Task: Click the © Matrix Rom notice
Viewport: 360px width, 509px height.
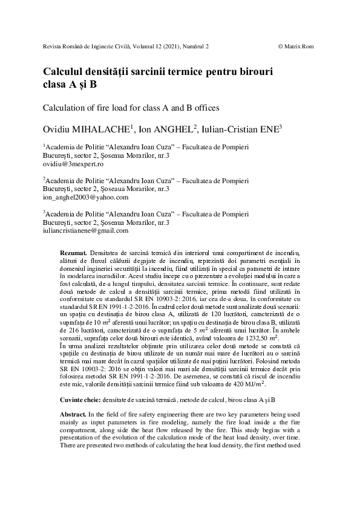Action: click(295, 46)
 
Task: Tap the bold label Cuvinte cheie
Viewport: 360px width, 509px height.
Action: click(80, 400)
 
